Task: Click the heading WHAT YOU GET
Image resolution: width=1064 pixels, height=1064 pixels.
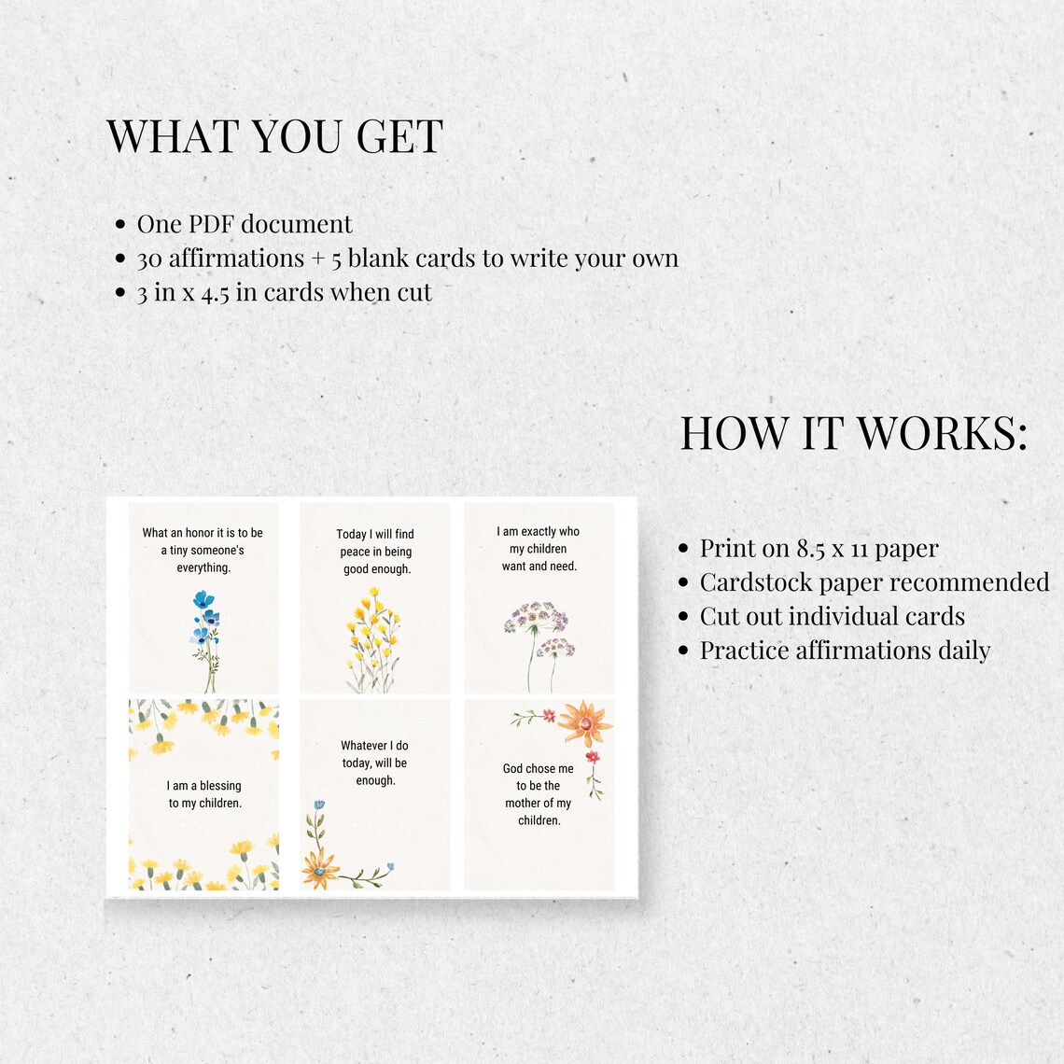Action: point(274,135)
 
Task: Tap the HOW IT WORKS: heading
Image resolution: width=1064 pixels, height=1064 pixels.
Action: point(854,433)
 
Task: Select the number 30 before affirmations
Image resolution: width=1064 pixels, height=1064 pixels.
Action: point(149,259)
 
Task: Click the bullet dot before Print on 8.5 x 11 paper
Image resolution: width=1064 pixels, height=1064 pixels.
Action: point(683,548)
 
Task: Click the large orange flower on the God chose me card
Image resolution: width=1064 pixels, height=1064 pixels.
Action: point(585,724)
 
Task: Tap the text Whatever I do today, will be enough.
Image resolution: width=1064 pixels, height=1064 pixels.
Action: point(374,763)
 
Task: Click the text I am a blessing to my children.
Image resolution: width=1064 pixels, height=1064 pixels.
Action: point(204,794)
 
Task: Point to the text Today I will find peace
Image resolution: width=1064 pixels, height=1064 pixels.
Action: point(375,543)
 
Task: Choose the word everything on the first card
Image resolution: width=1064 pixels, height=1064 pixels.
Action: point(203,567)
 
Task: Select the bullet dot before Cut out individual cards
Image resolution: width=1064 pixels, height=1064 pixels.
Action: point(683,616)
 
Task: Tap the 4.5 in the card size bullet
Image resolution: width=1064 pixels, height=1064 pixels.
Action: point(215,293)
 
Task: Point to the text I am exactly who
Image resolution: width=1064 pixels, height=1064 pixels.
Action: point(539,531)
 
